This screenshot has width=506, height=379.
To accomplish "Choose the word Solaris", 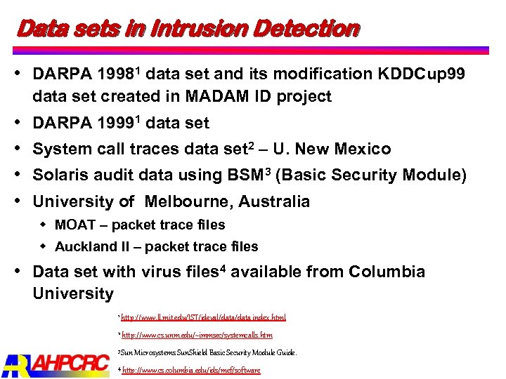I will [x=60, y=175].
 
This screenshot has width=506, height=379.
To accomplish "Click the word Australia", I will [x=274, y=202].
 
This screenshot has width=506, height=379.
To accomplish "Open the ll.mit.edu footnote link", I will [x=203, y=317].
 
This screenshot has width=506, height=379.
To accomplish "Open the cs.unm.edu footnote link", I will [x=197, y=335].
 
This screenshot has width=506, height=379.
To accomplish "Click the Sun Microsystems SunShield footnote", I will [x=208, y=352].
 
